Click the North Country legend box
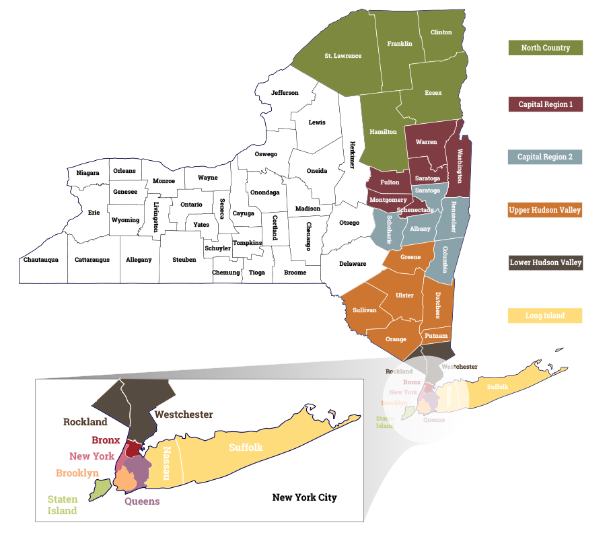tap(545, 48)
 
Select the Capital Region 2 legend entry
tap(545, 157)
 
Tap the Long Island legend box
tap(545, 316)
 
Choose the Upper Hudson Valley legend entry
tap(545, 210)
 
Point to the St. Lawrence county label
tap(343, 56)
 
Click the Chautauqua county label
tap(41, 260)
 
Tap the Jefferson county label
tap(285, 93)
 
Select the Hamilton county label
tap(383, 132)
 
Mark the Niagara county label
tap(87, 173)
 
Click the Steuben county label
tap(184, 260)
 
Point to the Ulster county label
tap(404, 295)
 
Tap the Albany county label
tap(420, 229)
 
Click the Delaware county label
tap(353, 264)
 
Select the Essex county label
tap(433, 93)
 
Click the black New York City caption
tap(304, 497)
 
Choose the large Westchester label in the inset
tap(184, 415)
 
